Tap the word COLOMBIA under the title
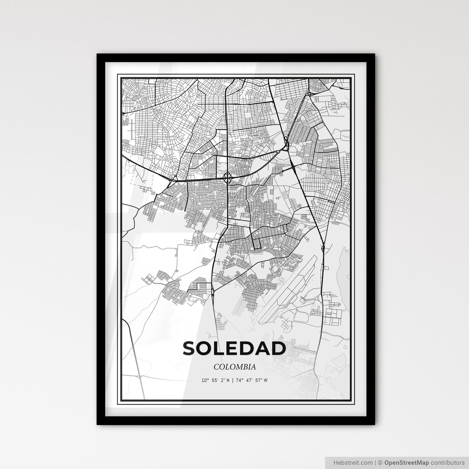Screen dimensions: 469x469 click(x=234, y=367)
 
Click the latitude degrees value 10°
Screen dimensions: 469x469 click(x=204, y=380)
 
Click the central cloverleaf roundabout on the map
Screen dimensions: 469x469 click(x=228, y=178)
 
